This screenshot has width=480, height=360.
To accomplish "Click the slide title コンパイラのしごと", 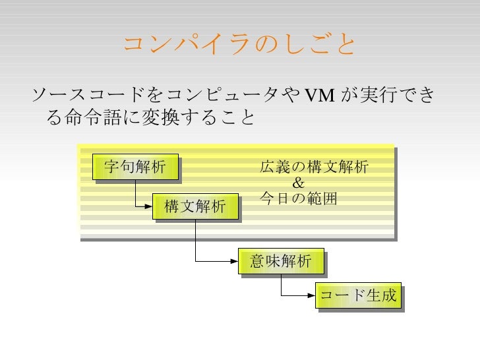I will (239, 45).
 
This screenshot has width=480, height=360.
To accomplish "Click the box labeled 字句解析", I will (135, 167).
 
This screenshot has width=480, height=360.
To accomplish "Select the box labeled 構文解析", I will (195, 207).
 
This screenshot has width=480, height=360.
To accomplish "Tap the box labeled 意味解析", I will (280, 261).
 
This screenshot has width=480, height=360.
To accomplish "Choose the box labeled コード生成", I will (358, 297).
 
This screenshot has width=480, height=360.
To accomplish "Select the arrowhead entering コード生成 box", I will (312, 297).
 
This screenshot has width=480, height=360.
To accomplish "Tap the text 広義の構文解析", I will (314, 167).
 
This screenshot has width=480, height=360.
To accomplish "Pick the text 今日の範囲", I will (299, 198).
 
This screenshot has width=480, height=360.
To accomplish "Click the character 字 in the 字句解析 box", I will (112, 167).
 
